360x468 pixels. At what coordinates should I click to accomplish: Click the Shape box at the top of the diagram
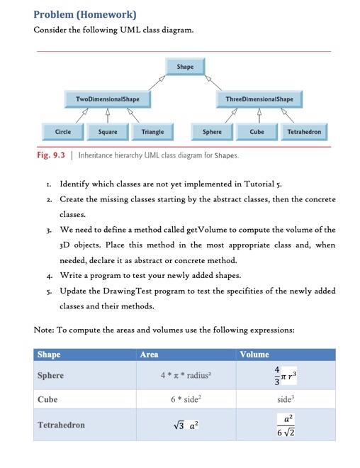pyautogui.click(x=184, y=67)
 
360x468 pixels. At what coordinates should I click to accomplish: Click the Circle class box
pyautogui.click(x=62, y=132)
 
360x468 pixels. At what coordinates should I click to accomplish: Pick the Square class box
pyautogui.click(x=107, y=132)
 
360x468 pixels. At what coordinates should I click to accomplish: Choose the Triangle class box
pyautogui.click(x=152, y=132)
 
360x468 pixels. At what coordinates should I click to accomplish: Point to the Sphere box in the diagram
pyautogui.click(x=212, y=132)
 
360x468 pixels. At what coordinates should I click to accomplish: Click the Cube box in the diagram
pyautogui.click(x=257, y=132)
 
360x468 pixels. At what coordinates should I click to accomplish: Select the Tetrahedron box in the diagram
pyautogui.click(x=304, y=132)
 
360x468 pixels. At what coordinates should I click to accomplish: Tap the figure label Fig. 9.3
pyautogui.click(x=52, y=154)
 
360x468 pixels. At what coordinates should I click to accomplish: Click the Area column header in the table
pyautogui.click(x=150, y=355)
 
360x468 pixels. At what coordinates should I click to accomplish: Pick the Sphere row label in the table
pyautogui.click(x=50, y=376)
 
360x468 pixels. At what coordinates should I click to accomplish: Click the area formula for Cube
pyautogui.click(x=188, y=399)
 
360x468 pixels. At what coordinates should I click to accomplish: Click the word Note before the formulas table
pyautogui.click(x=44, y=330)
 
